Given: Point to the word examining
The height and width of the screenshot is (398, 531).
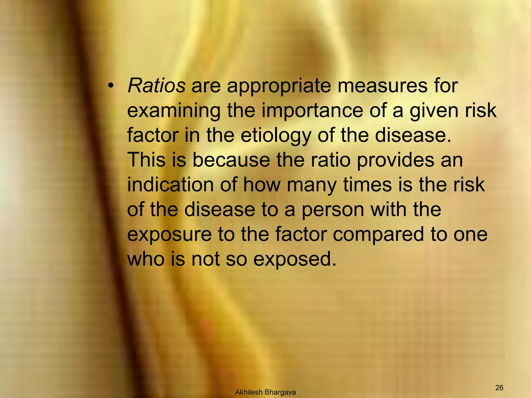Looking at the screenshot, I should (x=174, y=111).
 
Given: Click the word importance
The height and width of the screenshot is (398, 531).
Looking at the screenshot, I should (x=312, y=111).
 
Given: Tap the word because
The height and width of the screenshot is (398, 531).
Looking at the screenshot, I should (x=231, y=160).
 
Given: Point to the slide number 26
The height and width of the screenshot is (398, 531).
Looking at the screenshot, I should (x=499, y=380).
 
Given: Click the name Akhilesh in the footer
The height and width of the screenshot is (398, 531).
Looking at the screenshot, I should (x=249, y=393).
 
